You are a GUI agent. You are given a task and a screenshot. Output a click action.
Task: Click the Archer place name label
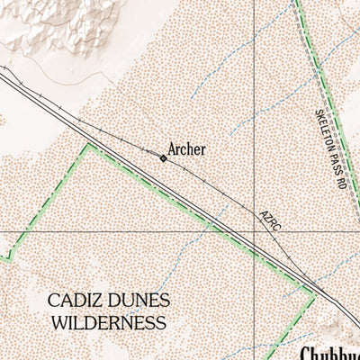coord(187,149)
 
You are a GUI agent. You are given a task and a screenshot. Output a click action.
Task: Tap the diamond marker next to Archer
coord(163,158)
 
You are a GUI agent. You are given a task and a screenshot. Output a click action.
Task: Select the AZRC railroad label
coord(270,221)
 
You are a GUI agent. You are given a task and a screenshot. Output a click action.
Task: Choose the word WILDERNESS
coord(108,321)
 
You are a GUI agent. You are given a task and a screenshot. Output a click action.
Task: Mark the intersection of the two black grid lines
coord(255,231)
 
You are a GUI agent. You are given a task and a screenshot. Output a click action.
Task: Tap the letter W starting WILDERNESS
coord(59,321)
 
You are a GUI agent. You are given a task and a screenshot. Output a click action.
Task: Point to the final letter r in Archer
coord(203,150)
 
